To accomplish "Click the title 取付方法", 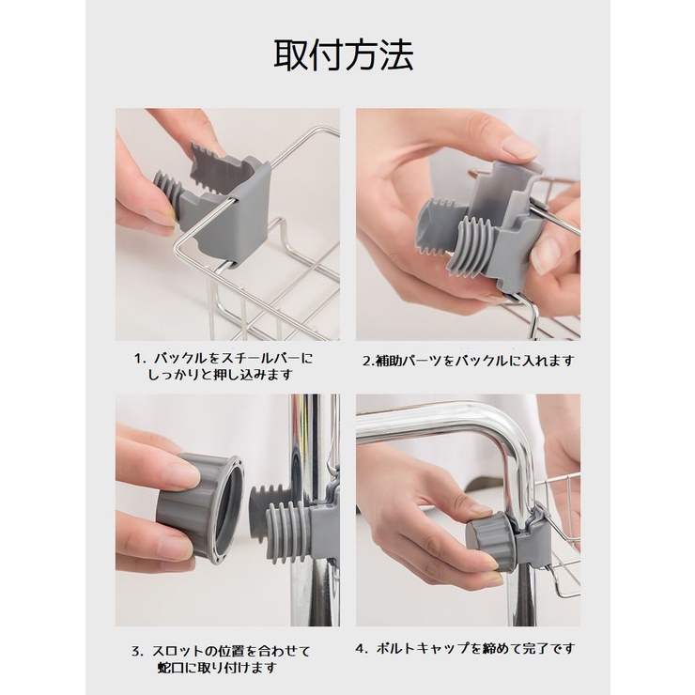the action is (x=344, y=55).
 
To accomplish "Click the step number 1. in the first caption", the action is (x=140, y=358).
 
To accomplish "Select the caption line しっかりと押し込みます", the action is (x=221, y=375).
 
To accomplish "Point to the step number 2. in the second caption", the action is (x=369, y=362).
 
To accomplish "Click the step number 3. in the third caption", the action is (x=137, y=652).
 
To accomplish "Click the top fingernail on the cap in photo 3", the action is (x=184, y=471).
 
